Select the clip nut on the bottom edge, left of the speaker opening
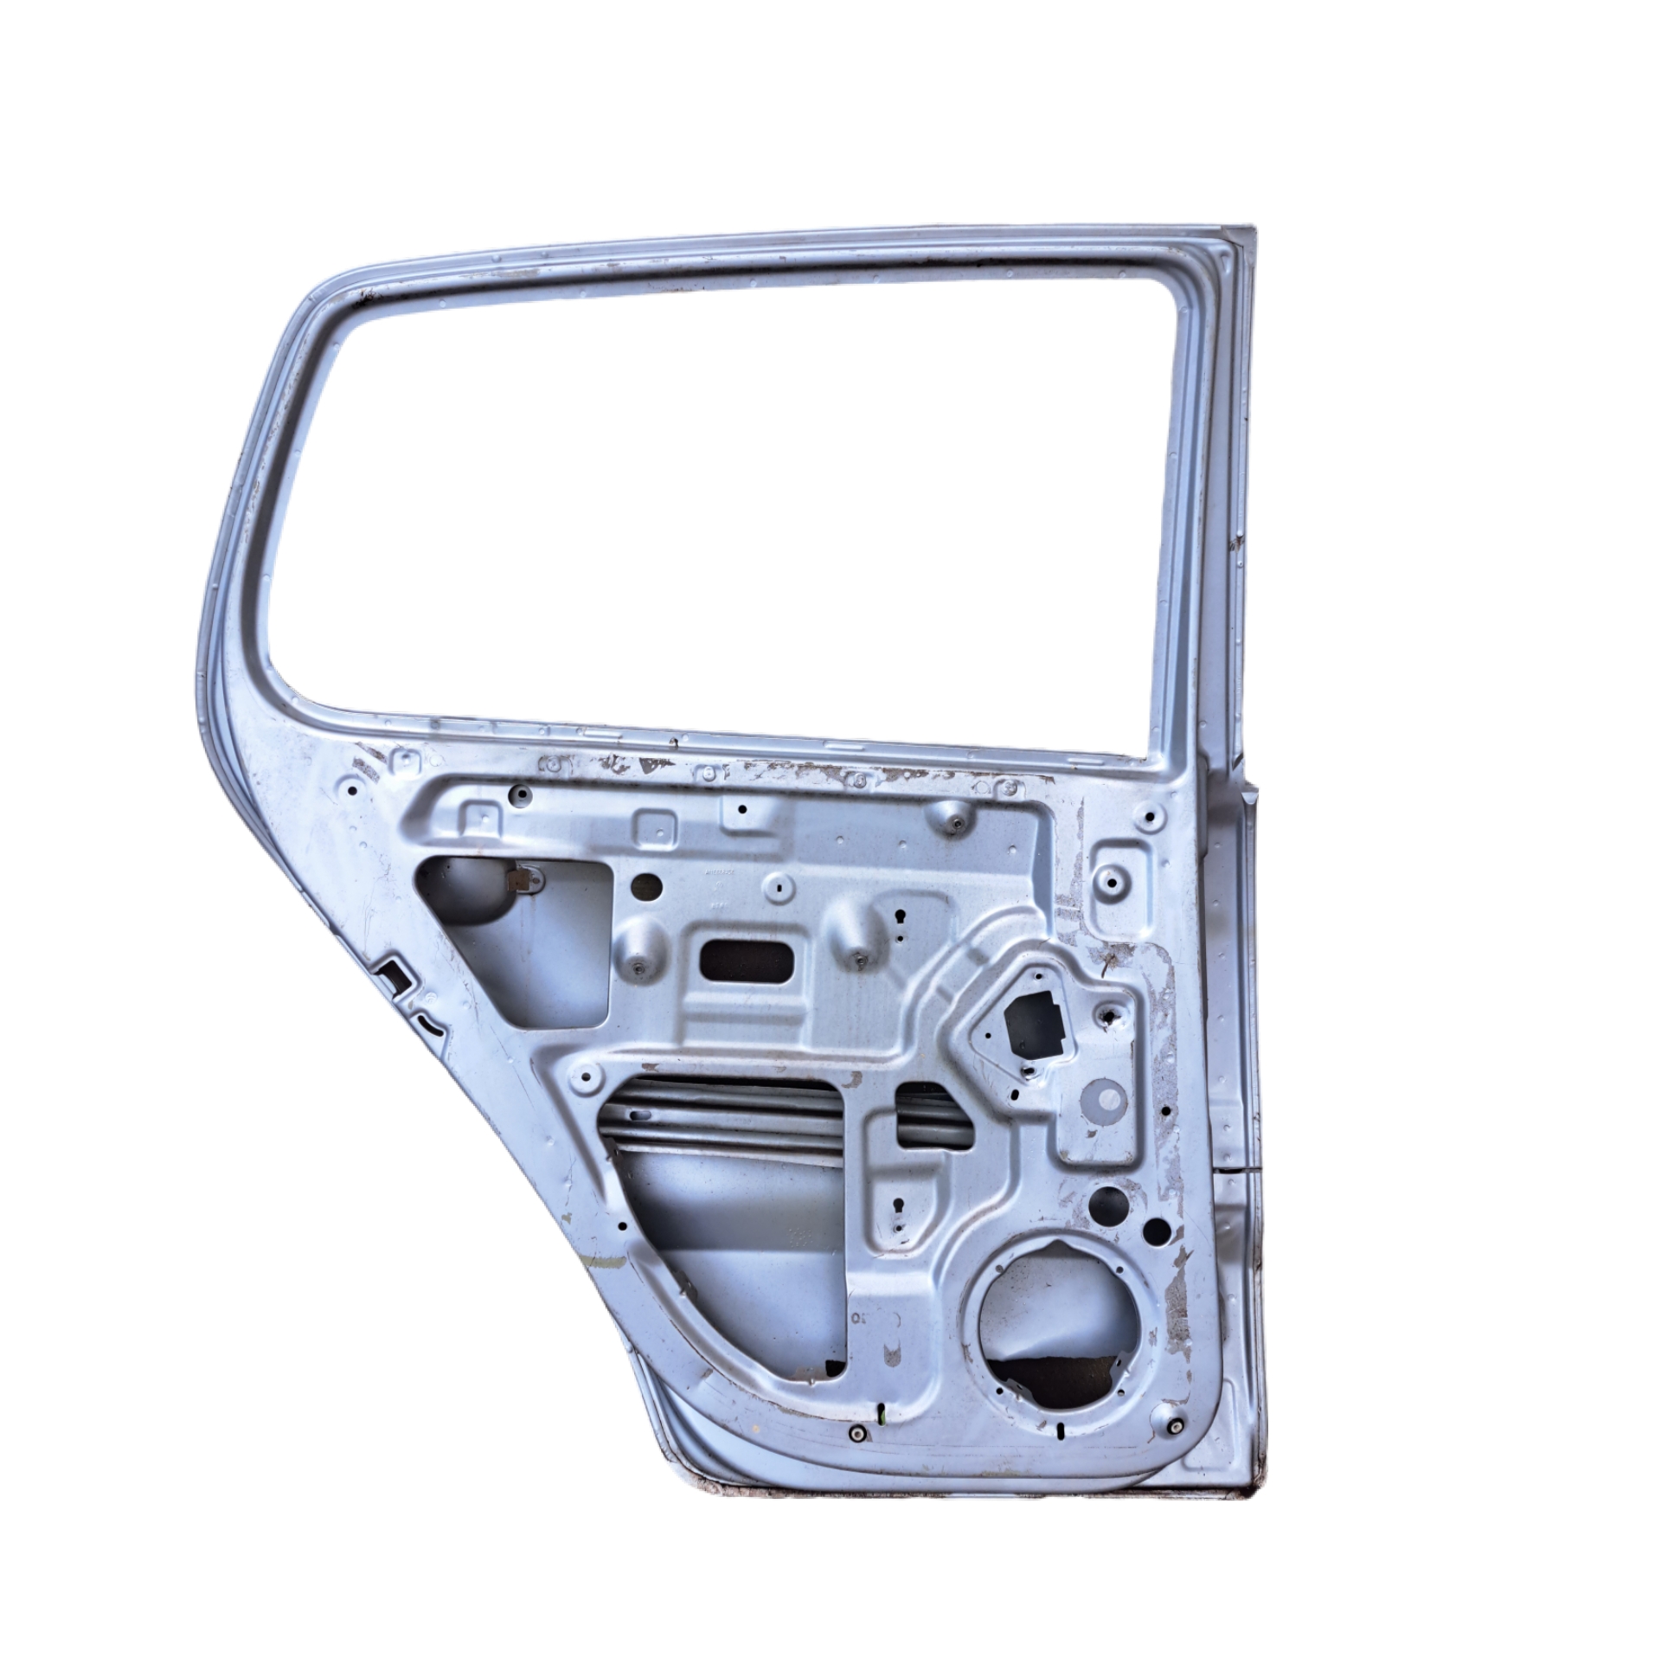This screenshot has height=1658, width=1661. tap(856, 1432)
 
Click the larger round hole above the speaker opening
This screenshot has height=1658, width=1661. tap(1110, 1200)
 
